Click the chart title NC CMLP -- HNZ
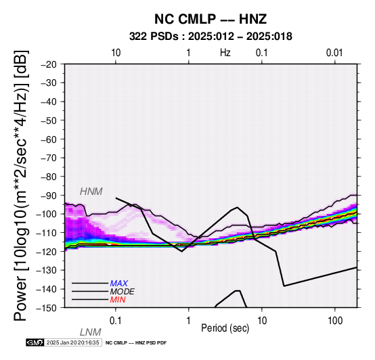(x=211, y=19)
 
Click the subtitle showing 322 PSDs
(x=211, y=37)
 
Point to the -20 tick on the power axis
(x=49, y=64)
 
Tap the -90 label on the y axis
(x=49, y=196)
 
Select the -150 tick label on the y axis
(x=47, y=308)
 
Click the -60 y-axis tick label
(x=49, y=139)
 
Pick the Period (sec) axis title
(x=225, y=328)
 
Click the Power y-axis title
(x=20, y=185)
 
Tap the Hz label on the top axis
(x=225, y=53)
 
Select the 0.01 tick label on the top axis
(x=334, y=53)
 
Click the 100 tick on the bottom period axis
(x=335, y=321)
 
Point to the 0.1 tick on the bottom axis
(x=116, y=321)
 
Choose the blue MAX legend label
(x=119, y=284)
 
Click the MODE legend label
(x=123, y=292)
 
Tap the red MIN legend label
(x=118, y=300)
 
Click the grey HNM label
(x=91, y=192)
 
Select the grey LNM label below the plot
(x=91, y=332)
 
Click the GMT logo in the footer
(x=35, y=342)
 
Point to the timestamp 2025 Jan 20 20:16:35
(x=72, y=342)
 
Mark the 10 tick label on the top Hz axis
(x=116, y=53)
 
